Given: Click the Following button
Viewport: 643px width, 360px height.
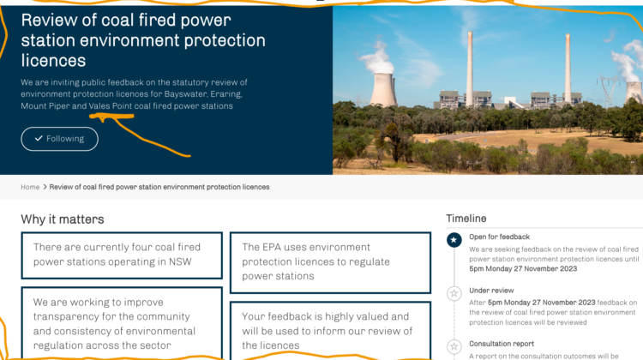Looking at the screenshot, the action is coord(59,139).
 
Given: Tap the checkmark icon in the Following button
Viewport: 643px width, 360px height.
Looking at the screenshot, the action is coord(39,139).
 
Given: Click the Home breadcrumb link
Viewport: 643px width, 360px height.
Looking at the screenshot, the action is coord(30,187).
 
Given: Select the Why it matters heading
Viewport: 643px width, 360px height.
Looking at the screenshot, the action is coord(63,219).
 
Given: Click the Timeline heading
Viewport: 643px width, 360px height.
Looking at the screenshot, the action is coord(466,219).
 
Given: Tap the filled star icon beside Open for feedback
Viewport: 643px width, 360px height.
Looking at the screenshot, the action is coord(454,240).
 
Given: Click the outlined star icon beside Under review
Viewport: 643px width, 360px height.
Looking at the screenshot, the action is coord(454,293).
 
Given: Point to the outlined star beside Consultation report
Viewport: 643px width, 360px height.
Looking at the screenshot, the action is coord(454,346).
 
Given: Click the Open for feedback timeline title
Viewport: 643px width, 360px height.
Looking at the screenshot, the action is coord(500,237).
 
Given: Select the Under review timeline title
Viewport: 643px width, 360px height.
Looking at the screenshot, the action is coord(491,291).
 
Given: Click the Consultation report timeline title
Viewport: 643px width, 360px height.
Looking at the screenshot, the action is coord(502,344).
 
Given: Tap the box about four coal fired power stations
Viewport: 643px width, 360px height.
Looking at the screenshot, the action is coord(122,255).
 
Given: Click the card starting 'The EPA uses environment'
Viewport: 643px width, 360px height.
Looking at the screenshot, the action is coord(331,263).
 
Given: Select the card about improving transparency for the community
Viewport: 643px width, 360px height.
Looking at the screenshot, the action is coord(122,323).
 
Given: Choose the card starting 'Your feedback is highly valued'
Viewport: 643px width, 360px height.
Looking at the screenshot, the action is coord(331,331).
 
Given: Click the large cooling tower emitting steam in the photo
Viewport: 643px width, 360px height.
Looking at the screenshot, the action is coord(383,89).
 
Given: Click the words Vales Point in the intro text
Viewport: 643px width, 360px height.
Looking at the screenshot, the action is coord(111,105).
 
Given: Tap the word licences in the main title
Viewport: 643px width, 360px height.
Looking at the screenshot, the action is coord(53,61).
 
